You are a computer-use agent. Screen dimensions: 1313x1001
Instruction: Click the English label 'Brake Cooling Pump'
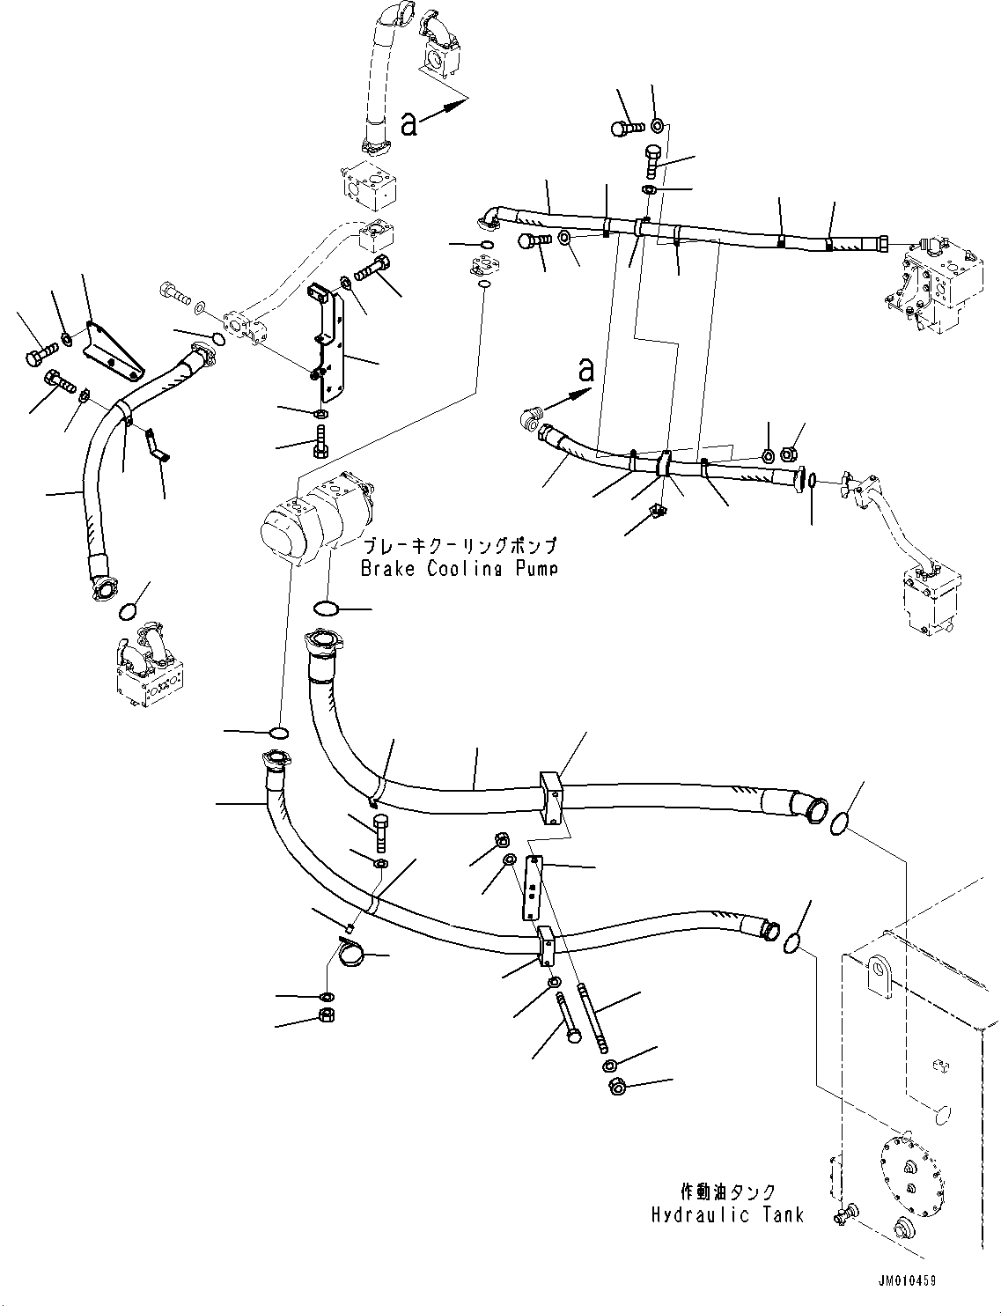459,568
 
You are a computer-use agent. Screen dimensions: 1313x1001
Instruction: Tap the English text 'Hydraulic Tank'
727,1215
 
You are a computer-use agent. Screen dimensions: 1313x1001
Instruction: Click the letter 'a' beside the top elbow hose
408,124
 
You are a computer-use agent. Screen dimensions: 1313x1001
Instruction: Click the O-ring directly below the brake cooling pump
327,608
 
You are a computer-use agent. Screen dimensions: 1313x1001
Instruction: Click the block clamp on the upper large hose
551,797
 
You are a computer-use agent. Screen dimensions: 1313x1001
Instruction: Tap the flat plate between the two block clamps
533,889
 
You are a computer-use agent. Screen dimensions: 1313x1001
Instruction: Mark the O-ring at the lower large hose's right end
791,943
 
